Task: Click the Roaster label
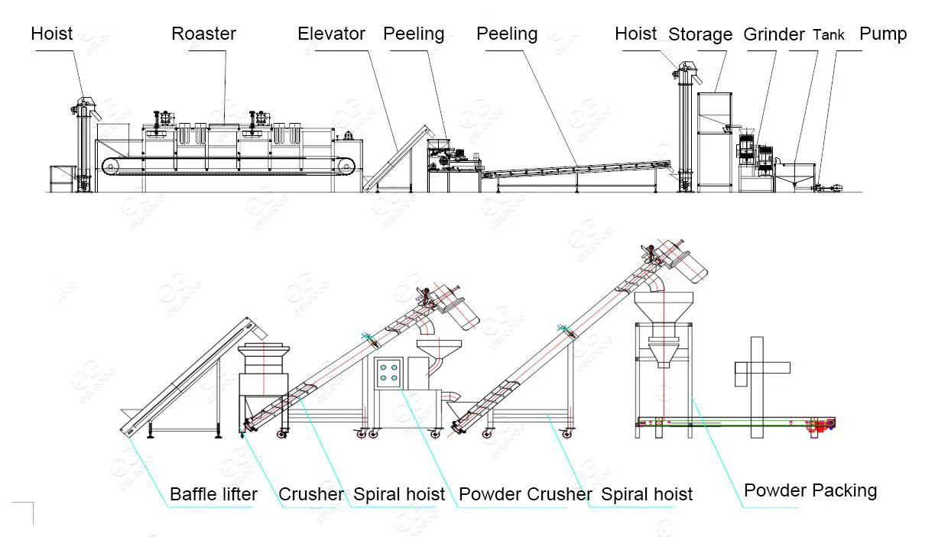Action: point(203,34)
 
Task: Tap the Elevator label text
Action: point(331,34)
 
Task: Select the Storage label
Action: point(700,34)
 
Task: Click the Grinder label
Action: point(774,34)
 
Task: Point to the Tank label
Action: point(829,34)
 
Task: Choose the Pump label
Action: point(883,34)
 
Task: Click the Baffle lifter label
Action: point(213,495)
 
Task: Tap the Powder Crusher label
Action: point(525,495)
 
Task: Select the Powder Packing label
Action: point(810,490)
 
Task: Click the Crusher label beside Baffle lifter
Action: point(310,495)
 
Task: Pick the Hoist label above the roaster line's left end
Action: point(52,33)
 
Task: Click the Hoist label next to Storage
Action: point(636,34)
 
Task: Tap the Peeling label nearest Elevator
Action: point(414,34)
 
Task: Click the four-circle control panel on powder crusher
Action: point(388,371)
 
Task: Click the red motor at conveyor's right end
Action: point(821,425)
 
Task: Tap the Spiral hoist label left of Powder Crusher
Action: point(398,495)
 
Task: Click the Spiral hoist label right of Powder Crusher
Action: point(647,495)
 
